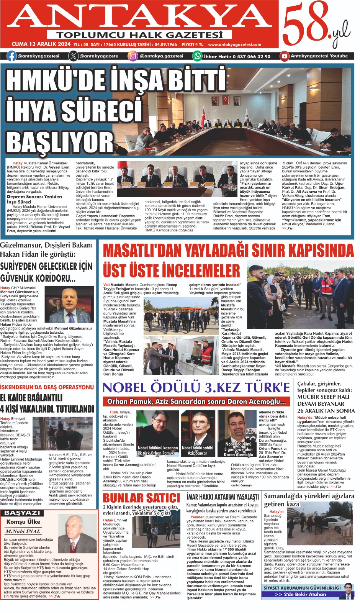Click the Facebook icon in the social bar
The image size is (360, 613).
coord(12,56)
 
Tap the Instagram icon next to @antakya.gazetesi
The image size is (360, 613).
coord(133,56)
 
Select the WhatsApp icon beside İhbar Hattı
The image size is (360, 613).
coord(197,56)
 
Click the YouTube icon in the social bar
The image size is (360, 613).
coord(284,56)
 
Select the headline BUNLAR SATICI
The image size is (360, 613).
coord(141,498)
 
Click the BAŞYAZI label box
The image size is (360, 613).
coord(22,513)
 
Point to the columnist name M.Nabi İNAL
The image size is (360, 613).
coord(23,531)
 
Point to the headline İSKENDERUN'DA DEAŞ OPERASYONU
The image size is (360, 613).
coord(47,387)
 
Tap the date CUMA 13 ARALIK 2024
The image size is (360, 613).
coord(41,44)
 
